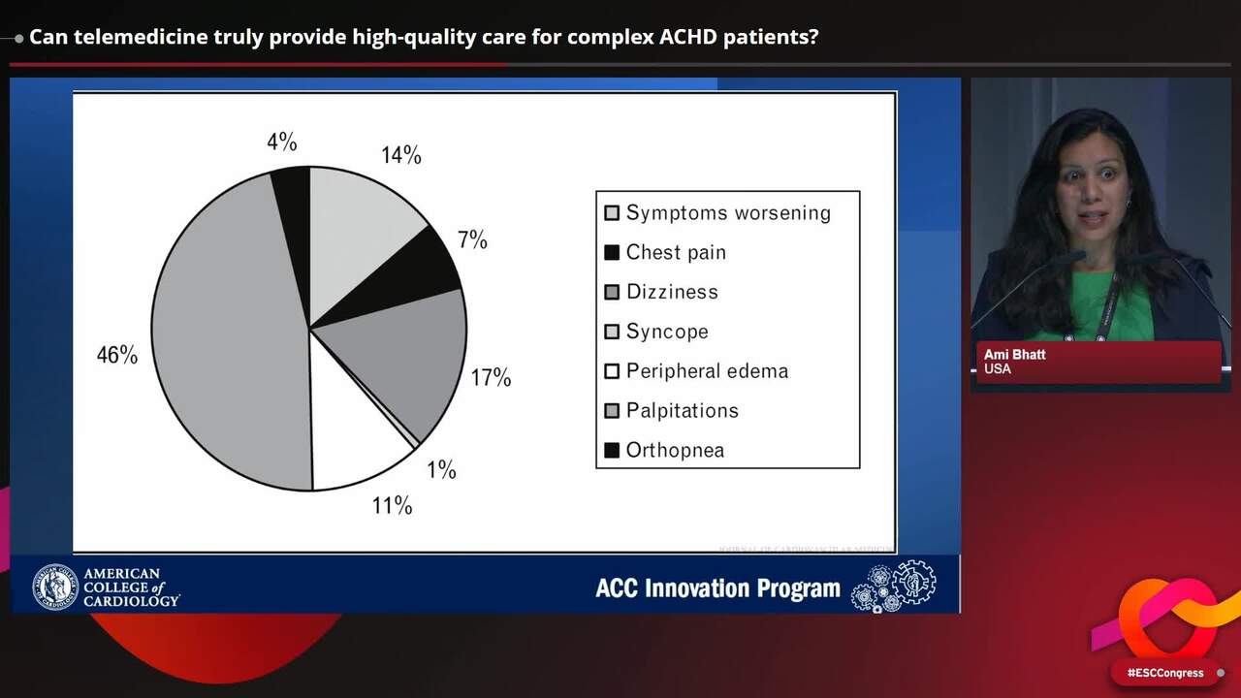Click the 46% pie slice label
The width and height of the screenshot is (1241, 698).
click(116, 355)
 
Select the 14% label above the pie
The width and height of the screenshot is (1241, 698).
click(400, 155)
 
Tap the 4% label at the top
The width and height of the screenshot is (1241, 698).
click(281, 143)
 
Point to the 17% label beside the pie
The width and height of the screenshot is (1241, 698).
click(491, 378)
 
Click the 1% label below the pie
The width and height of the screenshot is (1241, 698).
click(441, 470)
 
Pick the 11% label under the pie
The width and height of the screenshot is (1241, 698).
click(392, 505)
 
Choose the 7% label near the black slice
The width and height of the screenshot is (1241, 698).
click(472, 240)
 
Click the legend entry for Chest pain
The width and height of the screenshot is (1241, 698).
click(675, 252)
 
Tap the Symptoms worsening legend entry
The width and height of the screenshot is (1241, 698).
click(727, 213)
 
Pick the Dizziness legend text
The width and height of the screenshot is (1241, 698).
click(671, 292)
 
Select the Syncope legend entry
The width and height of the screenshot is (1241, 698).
click(666, 332)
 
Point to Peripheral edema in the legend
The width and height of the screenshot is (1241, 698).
click(706, 371)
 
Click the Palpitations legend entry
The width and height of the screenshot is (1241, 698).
click(682, 411)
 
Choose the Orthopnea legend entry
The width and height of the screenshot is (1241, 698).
click(674, 451)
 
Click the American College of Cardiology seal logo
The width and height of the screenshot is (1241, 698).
click(55, 587)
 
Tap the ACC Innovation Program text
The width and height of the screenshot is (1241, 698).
click(717, 588)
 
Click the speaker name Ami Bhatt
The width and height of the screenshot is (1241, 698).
click(1014, 355)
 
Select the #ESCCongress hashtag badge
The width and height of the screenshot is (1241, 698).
click(1164, 673)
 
